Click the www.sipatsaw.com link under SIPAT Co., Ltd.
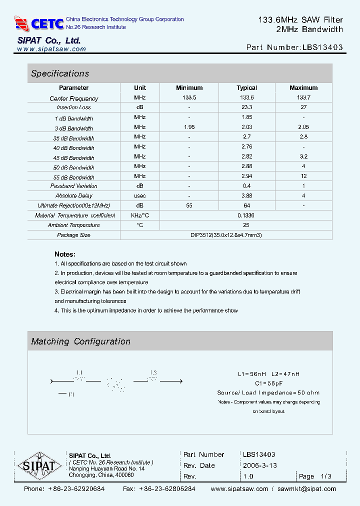tap(51, 49)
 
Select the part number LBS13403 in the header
tap(322, 48)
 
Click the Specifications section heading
tap(60, 73)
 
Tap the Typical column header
tap(246, 88)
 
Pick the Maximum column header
tap(303, 88)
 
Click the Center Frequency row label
tap(74, 98)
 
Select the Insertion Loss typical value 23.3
tap(246, 107)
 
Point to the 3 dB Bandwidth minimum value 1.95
tap(189, 127)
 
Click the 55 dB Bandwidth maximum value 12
tap(303, 176)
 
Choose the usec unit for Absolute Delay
tap(140, 195)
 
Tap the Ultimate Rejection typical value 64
tap(246, 205)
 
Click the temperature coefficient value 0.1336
tap(246, 215)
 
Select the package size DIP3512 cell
tap(226, 235)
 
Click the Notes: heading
tap(65, 254)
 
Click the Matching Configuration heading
tap(80, 341)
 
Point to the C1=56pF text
tap(268, 383)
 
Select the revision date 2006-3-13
tap(260, 465)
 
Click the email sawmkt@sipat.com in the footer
tap(307, 489)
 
